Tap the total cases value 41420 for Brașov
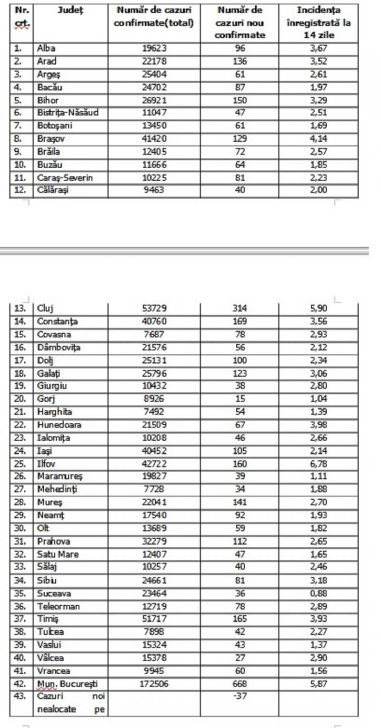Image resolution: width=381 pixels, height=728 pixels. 154,139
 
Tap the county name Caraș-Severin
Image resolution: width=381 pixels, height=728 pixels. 59,178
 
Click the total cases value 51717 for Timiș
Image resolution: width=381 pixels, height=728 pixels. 154,619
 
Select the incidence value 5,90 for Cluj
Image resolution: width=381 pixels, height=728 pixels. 318,308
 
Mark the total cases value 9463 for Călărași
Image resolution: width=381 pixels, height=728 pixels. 154,191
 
